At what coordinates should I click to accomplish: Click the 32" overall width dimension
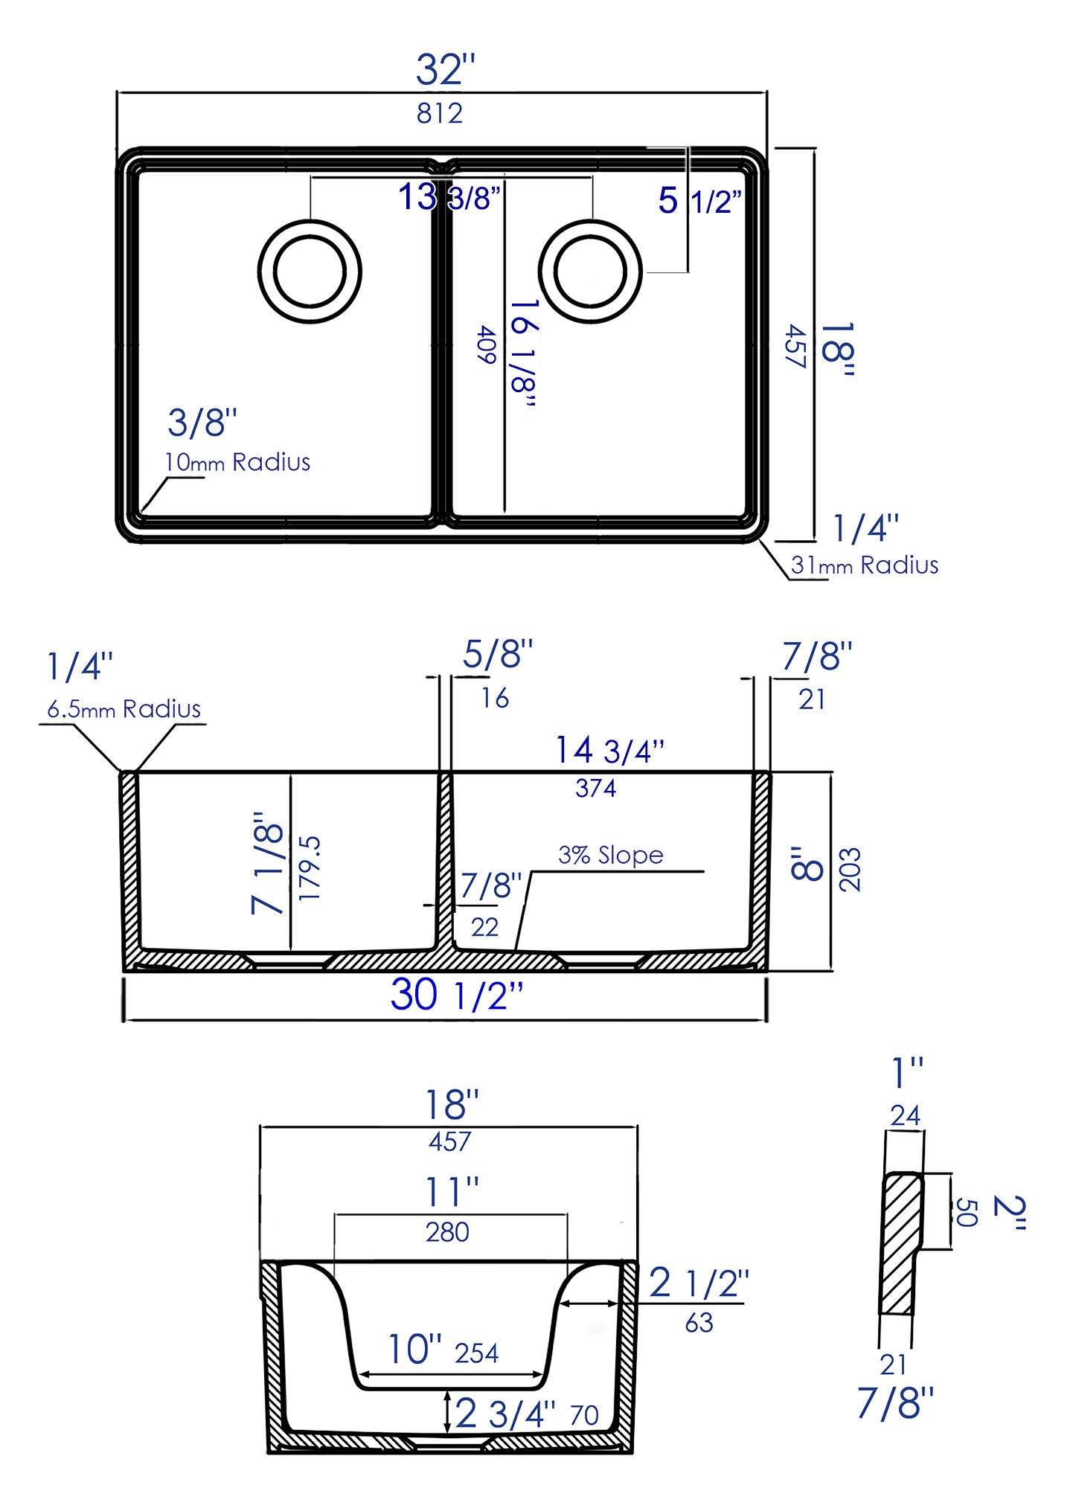click(x=445, y=71)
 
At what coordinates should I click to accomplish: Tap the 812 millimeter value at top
click(x=440, y=113)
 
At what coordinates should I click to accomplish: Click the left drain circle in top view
click(x=310, y=271)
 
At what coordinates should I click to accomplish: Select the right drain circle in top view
click(x=590, y=271)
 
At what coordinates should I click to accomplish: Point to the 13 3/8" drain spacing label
click(x=449, y=197)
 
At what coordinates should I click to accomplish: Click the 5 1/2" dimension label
click(x=699, y=201)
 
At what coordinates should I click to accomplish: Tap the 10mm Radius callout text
click(x=237, y=462)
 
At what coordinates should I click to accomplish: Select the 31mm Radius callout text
click(x=864, y=565)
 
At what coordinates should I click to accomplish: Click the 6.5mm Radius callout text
click(x=124, y=709)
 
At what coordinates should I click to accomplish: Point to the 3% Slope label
click(x=610, y=855)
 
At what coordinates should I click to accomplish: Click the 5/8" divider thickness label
click(x=498, y=655)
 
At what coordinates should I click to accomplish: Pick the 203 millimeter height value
click(x=849, y=869)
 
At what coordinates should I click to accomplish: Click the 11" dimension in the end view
click(x=451, y=1192)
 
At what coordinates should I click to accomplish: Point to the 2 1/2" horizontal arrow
click(x=588, y=1303)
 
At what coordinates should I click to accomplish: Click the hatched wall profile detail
click(x=900, y=1242)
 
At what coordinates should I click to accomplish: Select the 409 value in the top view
click(x=487, y=344)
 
